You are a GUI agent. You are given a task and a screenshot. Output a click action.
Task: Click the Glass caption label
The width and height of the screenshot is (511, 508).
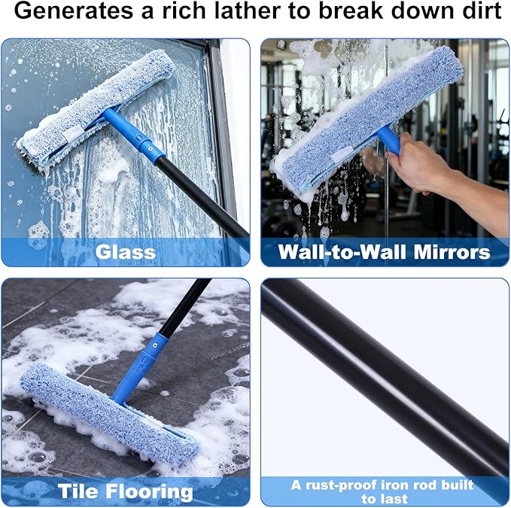[x=125, y=251]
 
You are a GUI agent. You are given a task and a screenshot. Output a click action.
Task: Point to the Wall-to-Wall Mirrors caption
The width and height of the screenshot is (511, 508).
[x=384, y=251]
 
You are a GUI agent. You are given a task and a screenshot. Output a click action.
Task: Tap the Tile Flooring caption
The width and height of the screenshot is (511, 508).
[x=125, y=491]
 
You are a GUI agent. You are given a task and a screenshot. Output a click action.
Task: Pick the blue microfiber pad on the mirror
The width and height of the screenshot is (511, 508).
[x=369, y=113]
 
